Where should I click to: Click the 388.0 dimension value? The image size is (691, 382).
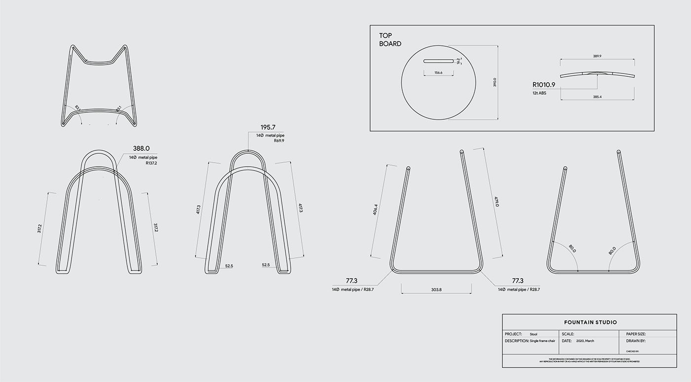(x=141, y=148)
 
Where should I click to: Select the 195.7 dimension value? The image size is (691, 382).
(x=268, y=128)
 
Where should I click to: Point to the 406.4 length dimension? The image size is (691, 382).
(x=376, y=209)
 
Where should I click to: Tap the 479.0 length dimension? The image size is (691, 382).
(x=497, y=202)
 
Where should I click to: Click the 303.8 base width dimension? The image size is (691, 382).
(x=436, y=290)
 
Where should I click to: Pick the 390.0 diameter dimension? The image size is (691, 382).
(x=495, y=83)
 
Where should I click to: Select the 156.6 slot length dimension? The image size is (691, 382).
(x=438, y=72)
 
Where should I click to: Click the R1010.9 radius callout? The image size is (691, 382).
(x=543, y=84)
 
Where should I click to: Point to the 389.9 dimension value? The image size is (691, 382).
(x=597, y=57)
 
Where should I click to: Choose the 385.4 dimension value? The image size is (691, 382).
(x=597, y=97)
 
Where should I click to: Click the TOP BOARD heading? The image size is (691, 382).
(x=390, y=39)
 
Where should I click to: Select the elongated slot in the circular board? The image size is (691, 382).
(x=438, y=61)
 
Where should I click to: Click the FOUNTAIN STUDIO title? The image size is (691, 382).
(x=590, y=322)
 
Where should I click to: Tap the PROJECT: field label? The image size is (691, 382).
(x=513, y=334)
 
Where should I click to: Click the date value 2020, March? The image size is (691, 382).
(x=585, y=341)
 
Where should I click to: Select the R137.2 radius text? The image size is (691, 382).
(x=154, y=163)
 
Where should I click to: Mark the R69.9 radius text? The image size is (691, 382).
(x=279, y=140)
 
